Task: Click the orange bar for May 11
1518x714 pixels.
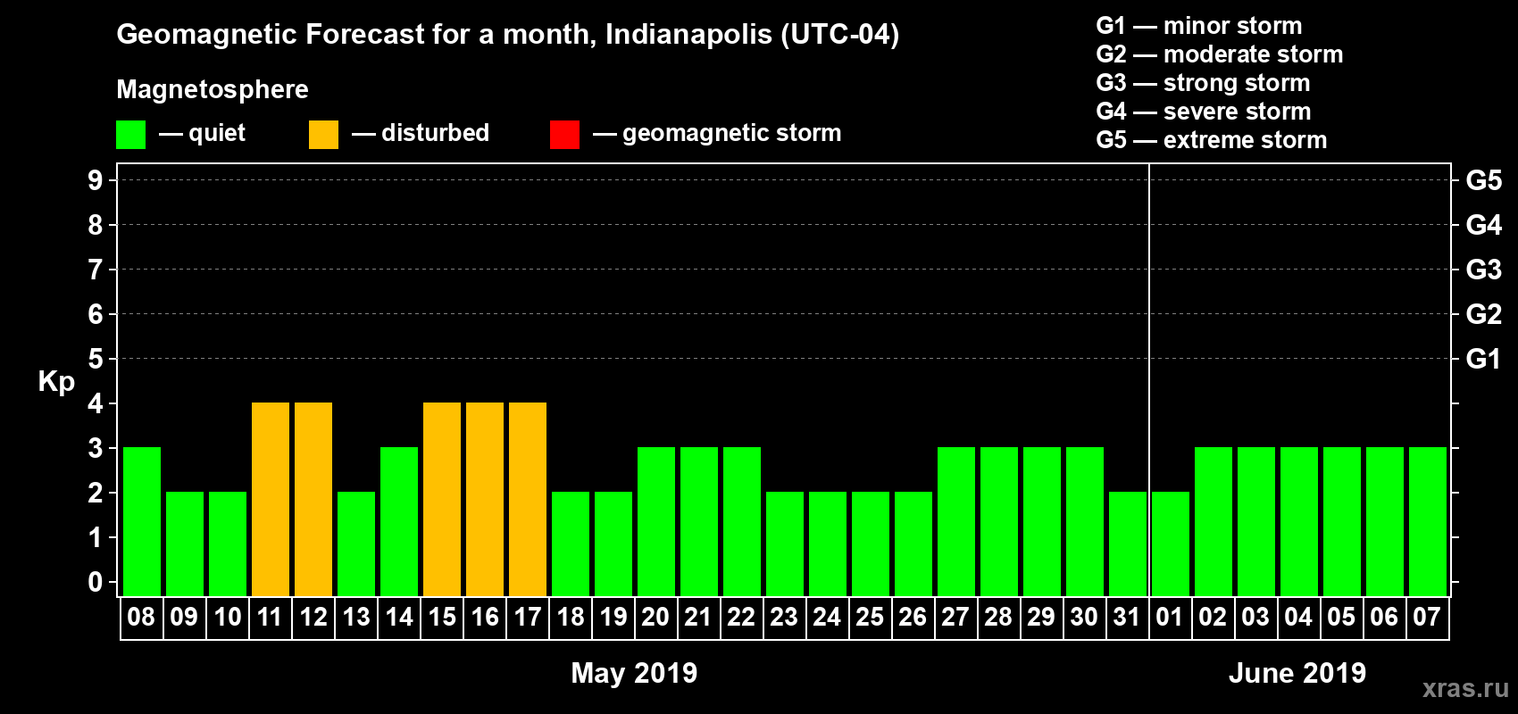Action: [x=271, y=499]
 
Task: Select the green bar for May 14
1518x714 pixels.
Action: [x=399, y=521]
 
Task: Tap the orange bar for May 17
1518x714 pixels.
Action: [x=528, y=499]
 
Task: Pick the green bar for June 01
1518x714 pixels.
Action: [x=1171, y=544]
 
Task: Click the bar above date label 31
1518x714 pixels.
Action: [x=1128, y=544]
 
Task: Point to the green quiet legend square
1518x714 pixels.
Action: [x=130, y=135]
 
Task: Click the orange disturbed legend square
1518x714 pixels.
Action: [x=323, y=135]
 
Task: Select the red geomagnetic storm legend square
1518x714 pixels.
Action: [x=564, y=135]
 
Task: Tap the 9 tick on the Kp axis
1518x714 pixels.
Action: [x=96, y=180]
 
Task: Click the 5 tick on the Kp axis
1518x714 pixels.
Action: [x=96, y=359]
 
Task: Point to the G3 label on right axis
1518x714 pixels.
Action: [x=1483, y=270]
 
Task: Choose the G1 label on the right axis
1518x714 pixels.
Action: [x=1483, y=359]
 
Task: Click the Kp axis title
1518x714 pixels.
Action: [x=56, y=381]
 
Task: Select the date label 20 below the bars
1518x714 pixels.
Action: [x=655, y=617]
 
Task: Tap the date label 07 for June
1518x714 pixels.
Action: [x=1427, y=617]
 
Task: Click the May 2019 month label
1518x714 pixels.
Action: [x=634, y=673]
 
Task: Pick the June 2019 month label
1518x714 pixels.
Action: [x=1297, y=673]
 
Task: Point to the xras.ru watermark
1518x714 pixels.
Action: [x=1464, y=688]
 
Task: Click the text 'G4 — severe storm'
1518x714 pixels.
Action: [x=1204, y=112]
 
